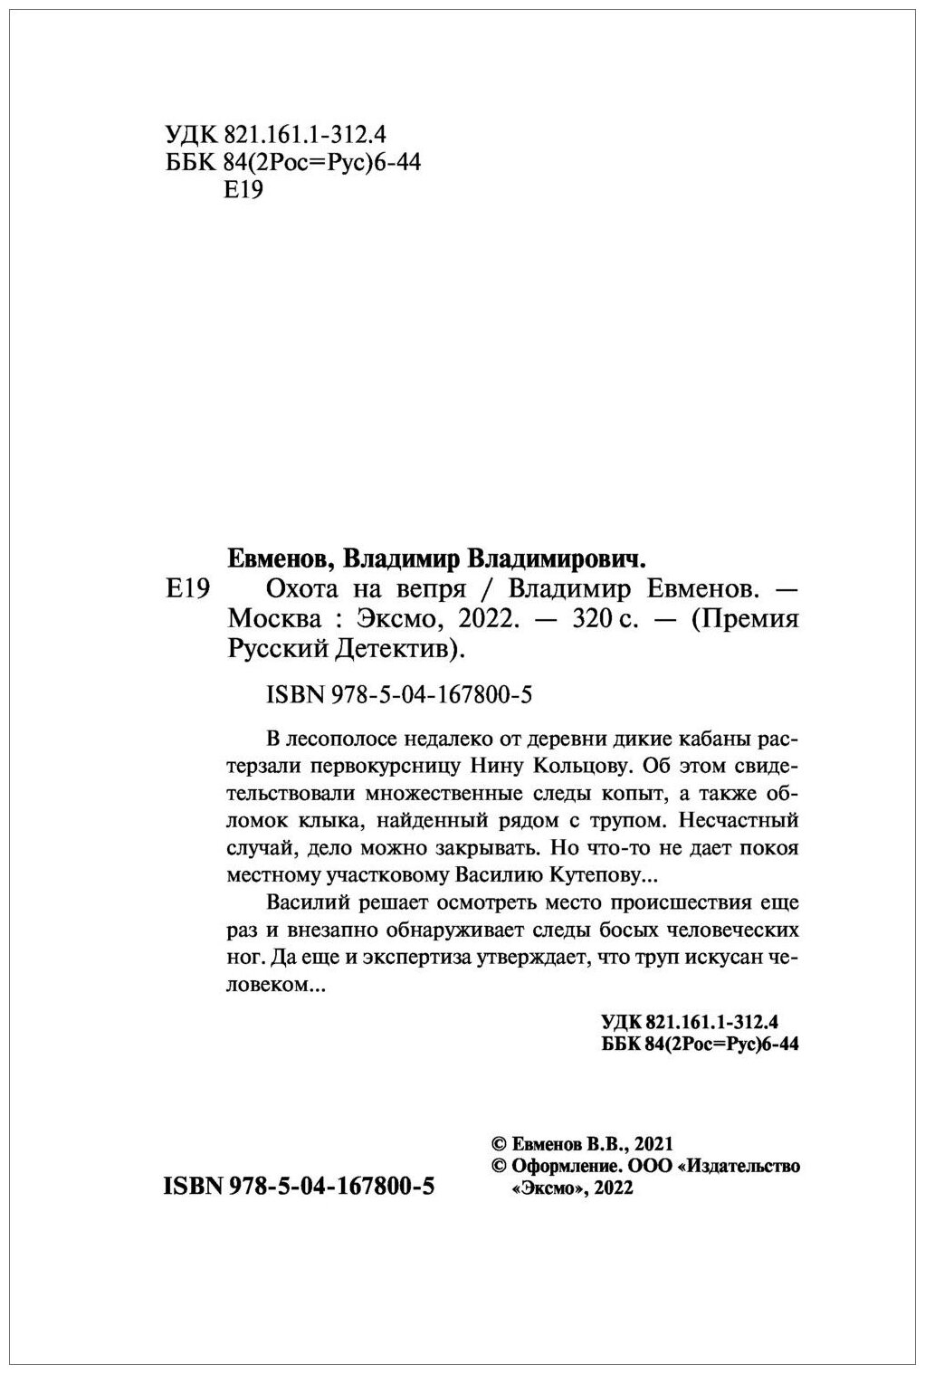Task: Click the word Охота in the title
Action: pos(300,589)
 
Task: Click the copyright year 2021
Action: pos(653,1143)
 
